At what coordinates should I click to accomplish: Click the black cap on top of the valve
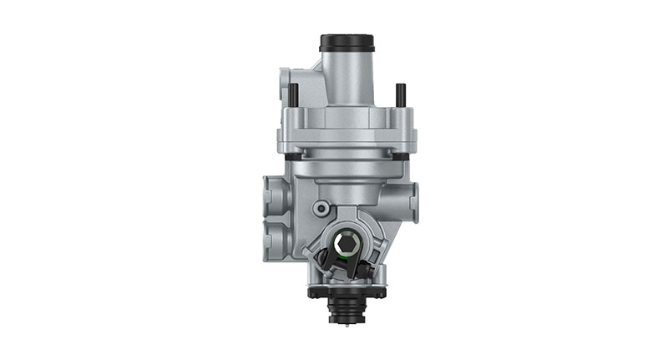346,42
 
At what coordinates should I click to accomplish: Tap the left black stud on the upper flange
295,94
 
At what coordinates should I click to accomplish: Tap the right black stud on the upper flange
400,95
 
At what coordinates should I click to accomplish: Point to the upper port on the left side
273,194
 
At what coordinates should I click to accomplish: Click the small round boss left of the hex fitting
320,207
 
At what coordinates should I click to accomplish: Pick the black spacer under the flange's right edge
404,155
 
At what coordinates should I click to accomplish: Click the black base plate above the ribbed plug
346,292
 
